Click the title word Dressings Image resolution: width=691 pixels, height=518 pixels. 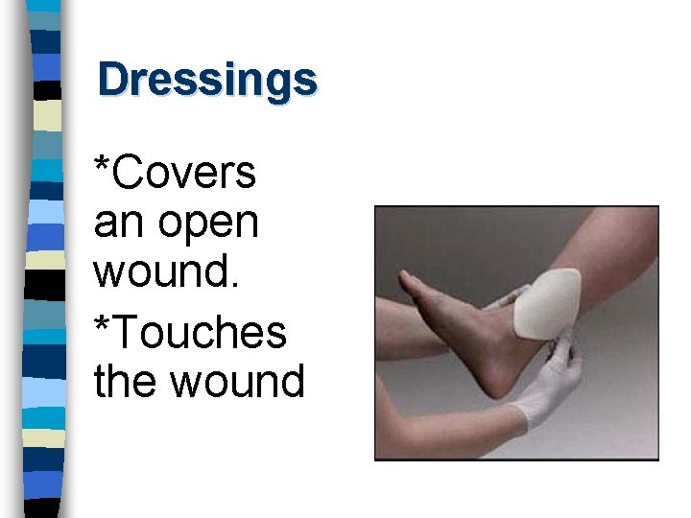tap(206, 80)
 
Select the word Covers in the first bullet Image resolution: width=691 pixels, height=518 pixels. tap(182, 173)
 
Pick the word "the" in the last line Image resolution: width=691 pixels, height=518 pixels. tap(124, 381)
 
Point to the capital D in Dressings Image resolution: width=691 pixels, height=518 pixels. tap(113, 80)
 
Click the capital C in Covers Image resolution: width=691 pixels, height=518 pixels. tap(125, 173)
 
